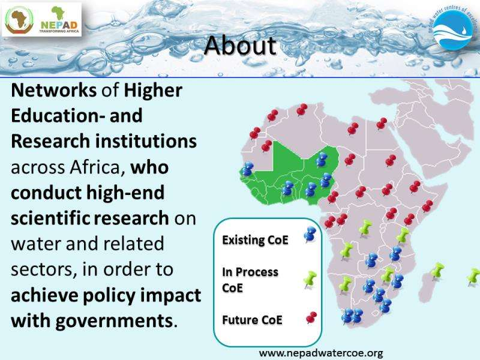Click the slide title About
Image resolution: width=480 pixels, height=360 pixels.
point(240,46)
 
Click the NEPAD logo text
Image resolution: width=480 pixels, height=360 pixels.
point(59,25)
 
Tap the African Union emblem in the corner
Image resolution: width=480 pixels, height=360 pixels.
point(19,20)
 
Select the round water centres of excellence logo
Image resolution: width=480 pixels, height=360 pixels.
point(454,28)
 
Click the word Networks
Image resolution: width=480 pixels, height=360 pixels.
point(53,91)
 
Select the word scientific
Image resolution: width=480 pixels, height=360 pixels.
point(50,218)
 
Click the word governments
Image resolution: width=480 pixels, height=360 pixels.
point(114,321)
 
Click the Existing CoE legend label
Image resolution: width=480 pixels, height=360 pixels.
point(255,240)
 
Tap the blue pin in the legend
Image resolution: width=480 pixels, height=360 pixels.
point(310,235)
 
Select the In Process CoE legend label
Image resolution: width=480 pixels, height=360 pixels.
point(250,280)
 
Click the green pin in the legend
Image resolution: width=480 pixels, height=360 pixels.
point(310,280)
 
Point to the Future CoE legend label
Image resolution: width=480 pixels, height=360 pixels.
point(252,320)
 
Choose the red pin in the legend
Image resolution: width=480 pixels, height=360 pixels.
point(311,318)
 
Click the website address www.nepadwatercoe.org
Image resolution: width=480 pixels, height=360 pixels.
point(320,353)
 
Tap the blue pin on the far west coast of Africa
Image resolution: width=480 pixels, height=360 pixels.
point(247,169)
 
